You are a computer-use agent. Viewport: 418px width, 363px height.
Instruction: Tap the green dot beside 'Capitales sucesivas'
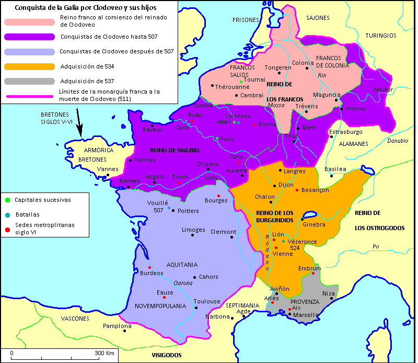point(7,200)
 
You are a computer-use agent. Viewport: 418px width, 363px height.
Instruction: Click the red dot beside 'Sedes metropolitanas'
point(7,229)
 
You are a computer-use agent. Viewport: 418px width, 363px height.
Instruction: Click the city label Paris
point(227,139)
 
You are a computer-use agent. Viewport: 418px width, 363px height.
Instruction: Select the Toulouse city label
point(207,301)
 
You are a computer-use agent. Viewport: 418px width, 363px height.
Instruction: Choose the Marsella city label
point(306,315)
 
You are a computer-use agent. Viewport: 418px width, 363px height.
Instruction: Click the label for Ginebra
point(314,224)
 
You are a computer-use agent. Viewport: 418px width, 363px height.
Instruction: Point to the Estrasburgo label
point(345,132)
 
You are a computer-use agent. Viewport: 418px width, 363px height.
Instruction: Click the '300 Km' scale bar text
point(104,353)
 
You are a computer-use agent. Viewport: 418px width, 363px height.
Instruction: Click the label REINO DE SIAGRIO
point(175,150)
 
